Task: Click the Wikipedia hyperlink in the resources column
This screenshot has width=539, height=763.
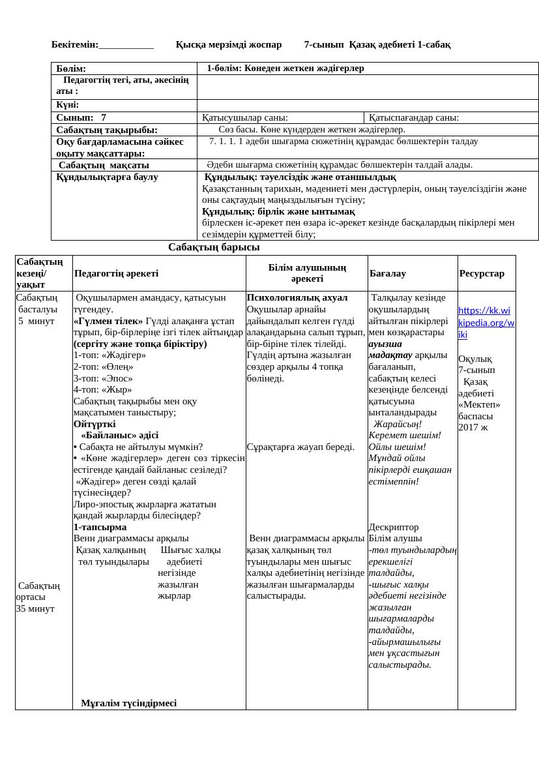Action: pos(486,322)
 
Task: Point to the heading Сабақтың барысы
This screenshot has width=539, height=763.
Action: pos(214,247)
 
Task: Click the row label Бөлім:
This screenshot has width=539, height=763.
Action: pos(71,68)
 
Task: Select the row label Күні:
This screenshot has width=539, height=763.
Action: pos(68,105)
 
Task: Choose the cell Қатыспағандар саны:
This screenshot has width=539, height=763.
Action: pos(414,118)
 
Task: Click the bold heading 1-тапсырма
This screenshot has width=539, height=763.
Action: pos(100,527)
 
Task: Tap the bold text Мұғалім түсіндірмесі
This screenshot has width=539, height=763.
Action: pos(128,703)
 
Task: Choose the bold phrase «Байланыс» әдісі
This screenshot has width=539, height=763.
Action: pos(119,435)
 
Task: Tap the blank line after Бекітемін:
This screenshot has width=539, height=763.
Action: pos(126,44)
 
